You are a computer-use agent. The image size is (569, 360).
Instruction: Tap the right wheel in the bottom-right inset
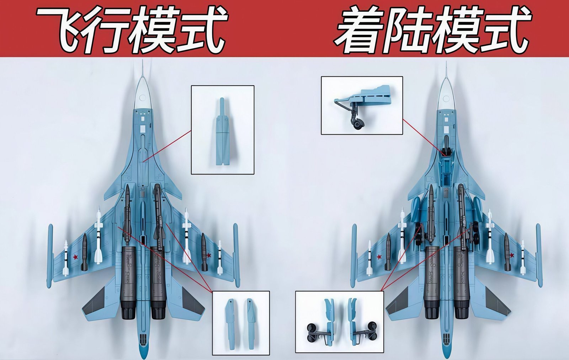click(x=372, y=331)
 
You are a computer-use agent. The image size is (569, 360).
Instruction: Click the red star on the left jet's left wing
click(x=75, y=257)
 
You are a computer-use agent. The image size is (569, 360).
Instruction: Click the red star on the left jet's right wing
click(x=209, y=255)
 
